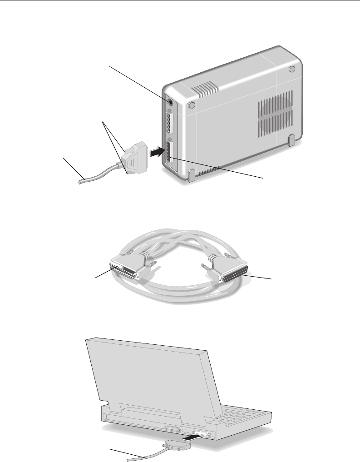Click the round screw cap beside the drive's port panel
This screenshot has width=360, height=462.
[191, 105]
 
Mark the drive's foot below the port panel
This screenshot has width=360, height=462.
[192, 174]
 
